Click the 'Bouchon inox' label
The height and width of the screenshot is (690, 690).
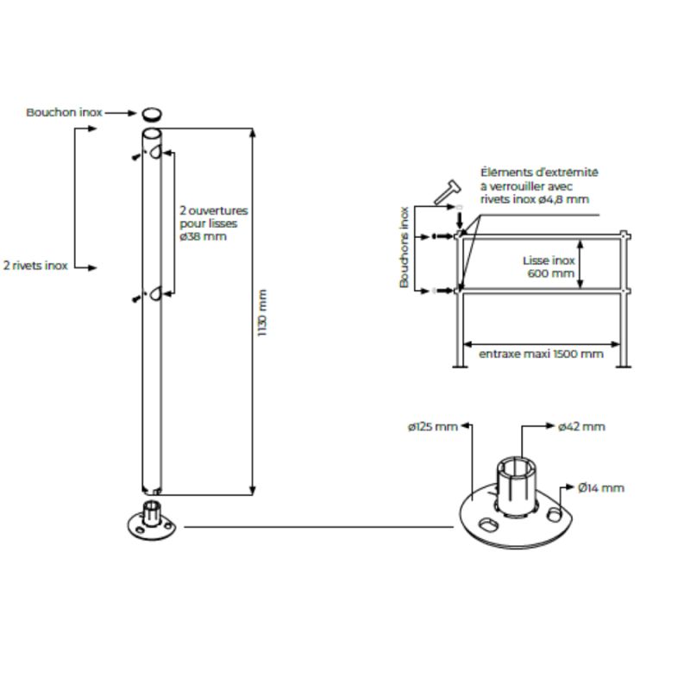point(64,113)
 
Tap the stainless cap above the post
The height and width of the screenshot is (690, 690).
point(152,114)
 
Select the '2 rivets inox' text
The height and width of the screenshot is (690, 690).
point(35,266)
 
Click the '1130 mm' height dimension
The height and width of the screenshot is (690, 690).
point(262,313)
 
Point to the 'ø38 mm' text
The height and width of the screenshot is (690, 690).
point(204,236)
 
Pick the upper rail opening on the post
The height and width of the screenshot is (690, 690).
point(155,153)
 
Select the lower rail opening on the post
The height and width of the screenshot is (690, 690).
point(155,293)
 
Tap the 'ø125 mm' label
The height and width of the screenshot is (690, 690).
point(433,427)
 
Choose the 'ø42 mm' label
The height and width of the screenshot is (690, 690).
point(581,427)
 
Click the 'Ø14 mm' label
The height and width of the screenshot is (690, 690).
point(601,488)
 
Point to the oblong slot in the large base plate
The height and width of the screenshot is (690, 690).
point(487,524)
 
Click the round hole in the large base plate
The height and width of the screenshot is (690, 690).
point(555,513)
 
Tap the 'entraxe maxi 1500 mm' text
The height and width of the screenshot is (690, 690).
point(541,354)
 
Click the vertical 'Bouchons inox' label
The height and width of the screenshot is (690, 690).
point(404,248)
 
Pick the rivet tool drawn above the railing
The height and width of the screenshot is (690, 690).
point(447,191)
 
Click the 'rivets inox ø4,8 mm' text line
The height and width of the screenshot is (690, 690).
point(535,199)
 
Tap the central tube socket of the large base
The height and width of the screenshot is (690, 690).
point(517,486)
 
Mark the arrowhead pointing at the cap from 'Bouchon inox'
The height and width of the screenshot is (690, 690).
point(132,113)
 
